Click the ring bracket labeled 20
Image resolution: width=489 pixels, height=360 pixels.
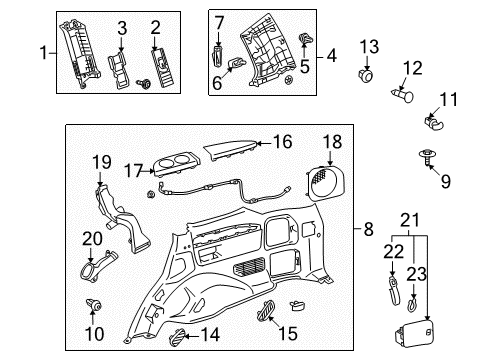(107, 270)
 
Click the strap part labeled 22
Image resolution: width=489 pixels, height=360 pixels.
(391, 294)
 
